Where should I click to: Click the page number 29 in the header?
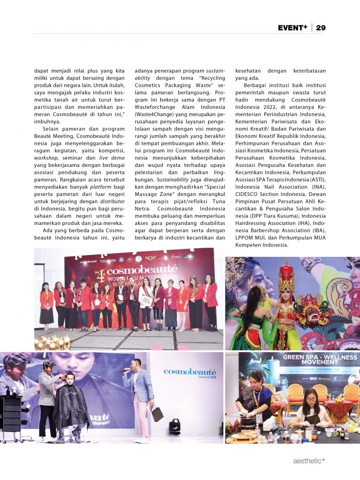click(321, 28)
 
